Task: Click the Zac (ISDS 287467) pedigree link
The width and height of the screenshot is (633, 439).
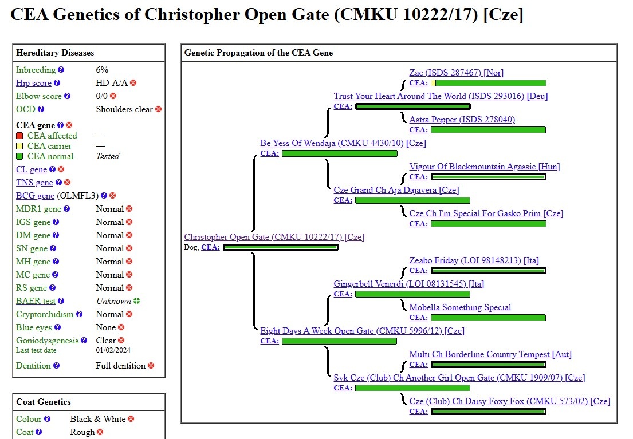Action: click(456, 73)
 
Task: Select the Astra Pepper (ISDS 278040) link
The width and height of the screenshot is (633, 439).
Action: click(462, 120)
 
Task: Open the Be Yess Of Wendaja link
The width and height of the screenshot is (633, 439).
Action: click(343, 143)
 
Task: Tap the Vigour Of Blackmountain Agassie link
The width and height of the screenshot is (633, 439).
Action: click(484, 167)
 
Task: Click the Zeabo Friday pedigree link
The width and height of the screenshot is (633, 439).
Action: click(474, 260)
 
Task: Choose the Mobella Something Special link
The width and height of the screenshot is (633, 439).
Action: click(460, 307)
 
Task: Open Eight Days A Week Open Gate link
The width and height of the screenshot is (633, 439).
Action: click(362, 331)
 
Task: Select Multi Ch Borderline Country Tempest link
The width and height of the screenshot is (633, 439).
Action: click(490, 354)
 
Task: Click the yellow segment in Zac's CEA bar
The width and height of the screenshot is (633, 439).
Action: click(434, 83)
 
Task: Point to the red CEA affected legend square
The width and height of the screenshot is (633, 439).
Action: click(19, 136)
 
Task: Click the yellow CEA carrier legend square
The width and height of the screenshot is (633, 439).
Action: click(19, 146)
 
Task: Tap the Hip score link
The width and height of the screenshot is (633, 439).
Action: click(34, 83)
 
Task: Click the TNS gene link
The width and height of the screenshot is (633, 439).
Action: click(34, 183)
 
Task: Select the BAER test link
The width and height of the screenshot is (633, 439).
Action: click(36, 301)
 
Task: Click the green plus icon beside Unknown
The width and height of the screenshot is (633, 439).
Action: click(136, 301)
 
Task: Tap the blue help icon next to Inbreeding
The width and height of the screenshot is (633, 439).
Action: click(61, 70)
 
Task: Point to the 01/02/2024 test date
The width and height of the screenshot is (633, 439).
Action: click(113, 350)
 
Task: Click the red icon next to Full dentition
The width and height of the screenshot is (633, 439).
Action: click(151, 366)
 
